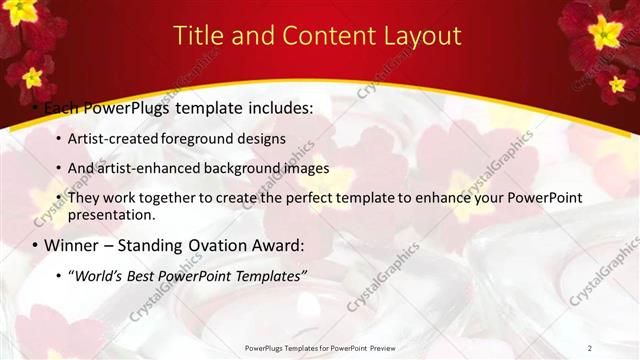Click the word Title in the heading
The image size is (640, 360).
tap(197, 36)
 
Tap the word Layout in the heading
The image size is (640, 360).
tap(424, 36)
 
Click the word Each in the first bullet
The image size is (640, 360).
tap(62, 106)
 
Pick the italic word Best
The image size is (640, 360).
tap(144, 276)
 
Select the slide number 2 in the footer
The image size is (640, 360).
tap(589, 348)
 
